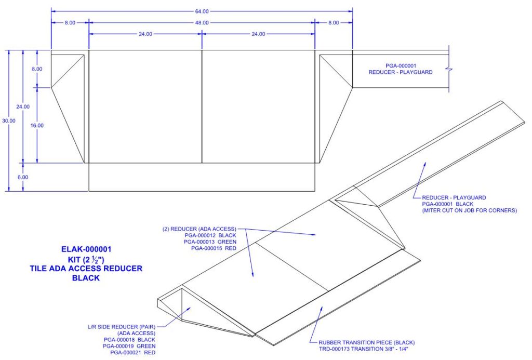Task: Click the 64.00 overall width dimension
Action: [x=202, y=11]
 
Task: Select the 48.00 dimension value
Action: [x=202, y=23]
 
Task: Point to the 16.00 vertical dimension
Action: [x=38, y=125]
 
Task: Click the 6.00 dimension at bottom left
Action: [x=23, y=177]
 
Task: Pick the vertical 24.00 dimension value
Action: [x=23, y=106]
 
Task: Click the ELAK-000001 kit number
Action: [x=86, y=249]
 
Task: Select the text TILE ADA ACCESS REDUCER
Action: [x=86, y=269]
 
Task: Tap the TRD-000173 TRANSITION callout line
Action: [x=362, y=350]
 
